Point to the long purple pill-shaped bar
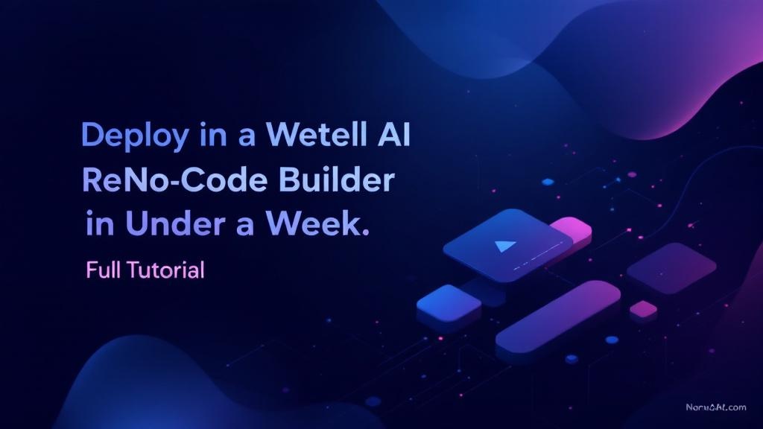coord(558,317)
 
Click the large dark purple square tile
coord(671,267)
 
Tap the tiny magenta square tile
coord(643,308)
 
